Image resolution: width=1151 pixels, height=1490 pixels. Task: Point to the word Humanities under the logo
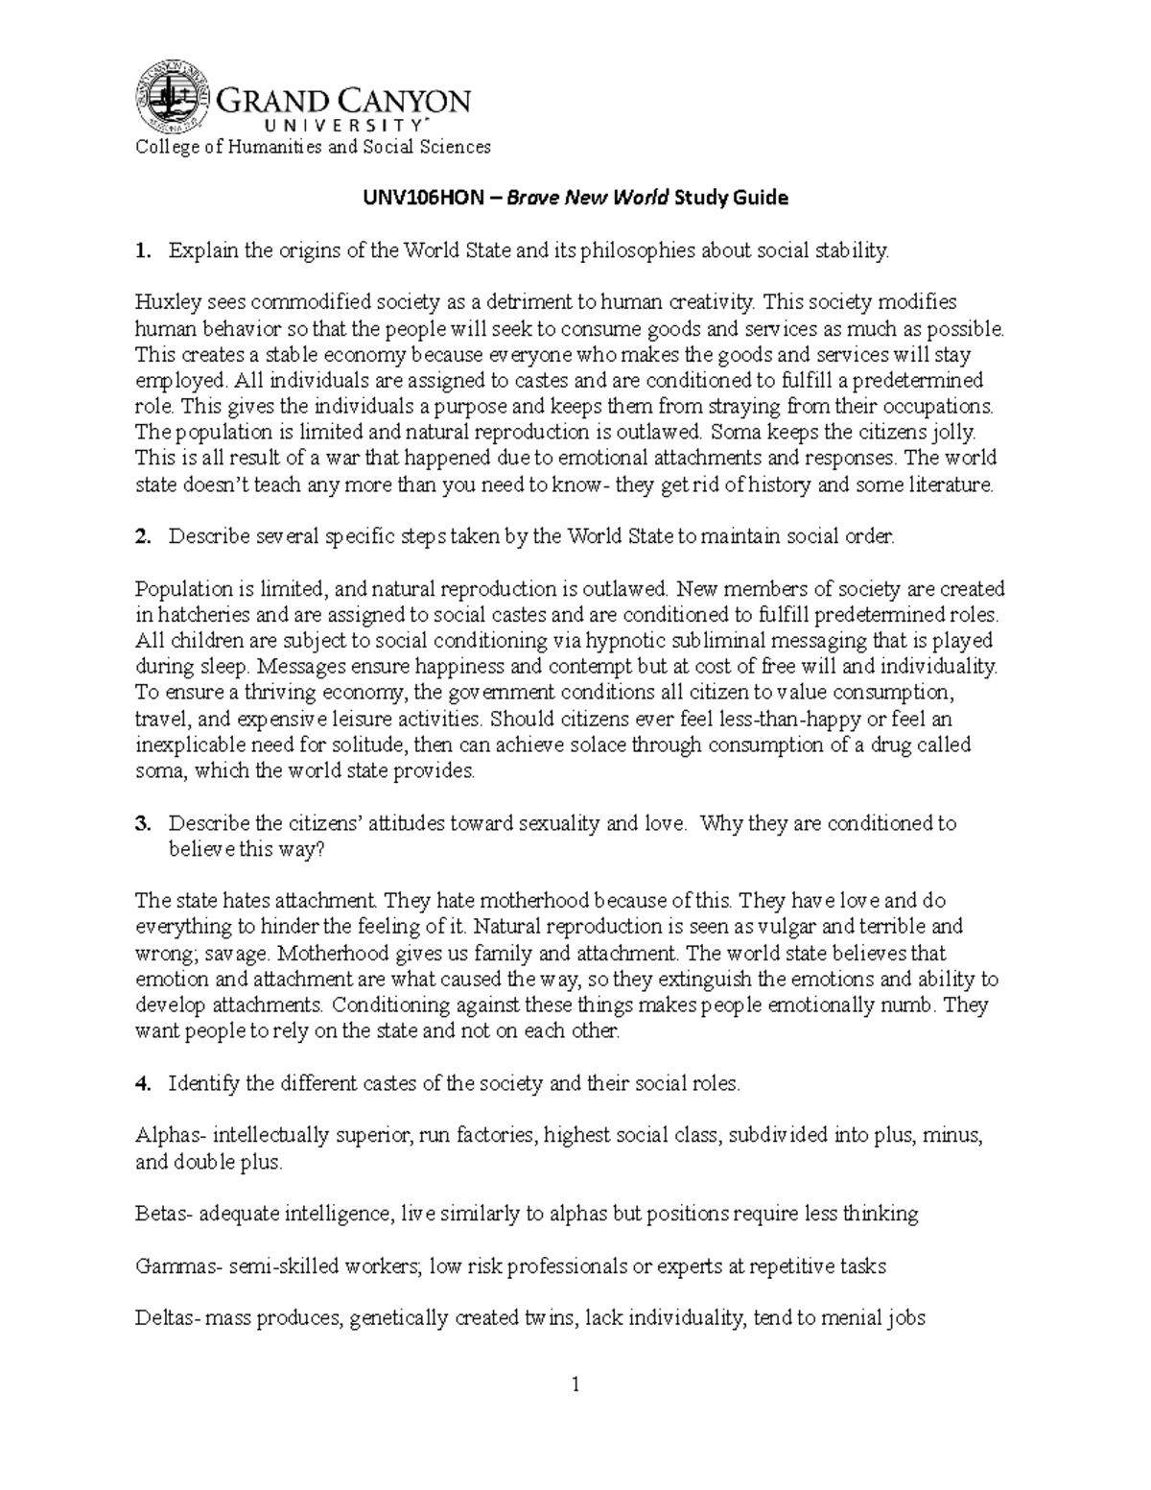click(x=264, y=147)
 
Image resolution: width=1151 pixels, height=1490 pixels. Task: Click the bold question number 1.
click(x=143, y=251)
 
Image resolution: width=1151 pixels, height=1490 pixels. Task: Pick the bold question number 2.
click(x=143, y=537)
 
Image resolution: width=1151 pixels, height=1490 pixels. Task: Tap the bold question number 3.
click(x=143, y=823)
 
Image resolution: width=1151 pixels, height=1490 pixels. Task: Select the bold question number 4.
click(x=143, y=1084)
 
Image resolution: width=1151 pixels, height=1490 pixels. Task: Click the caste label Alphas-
click(x=170, y=1136)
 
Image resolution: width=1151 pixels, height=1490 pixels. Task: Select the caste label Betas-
click(x=166, y=1215)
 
